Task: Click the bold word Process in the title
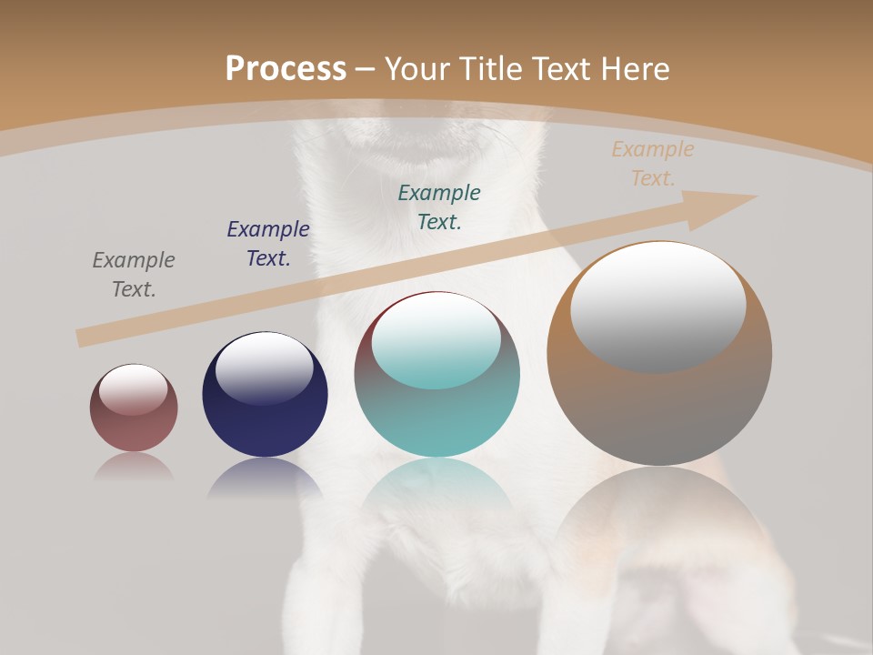pyautogui.click(x=286, y=69)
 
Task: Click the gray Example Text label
pyautogui.click(x=134, y=274)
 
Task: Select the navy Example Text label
pyautogui.click(x=268, y=243)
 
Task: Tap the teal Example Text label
pyautogui.click(x=439, y=207)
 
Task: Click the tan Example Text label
pyautogui.click(x=653, y=164)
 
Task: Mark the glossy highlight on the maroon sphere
pyautogui.click(x=133, y=388)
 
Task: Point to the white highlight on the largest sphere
pyautogui.click(x=657, y=305)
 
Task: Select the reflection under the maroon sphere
pyautogui.click(x=134, y=466)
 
